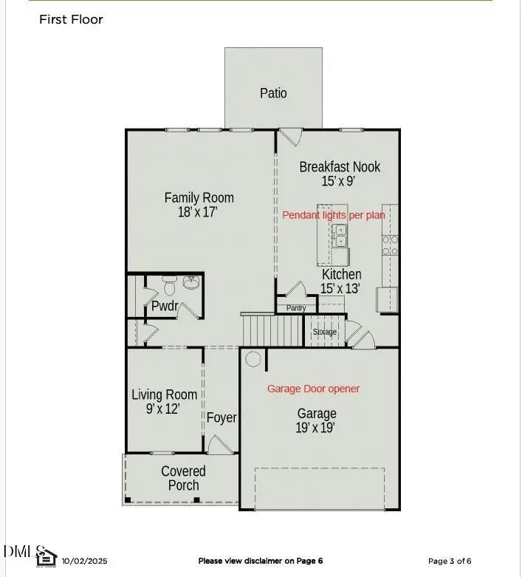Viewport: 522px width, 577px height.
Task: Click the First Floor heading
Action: pos(71,19)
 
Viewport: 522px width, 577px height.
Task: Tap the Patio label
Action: pos(273,93)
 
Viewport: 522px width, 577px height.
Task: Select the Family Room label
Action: pos(199,197)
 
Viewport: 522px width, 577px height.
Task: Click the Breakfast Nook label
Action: pos(340,167)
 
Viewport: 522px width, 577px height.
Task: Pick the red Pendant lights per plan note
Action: pos(334,215)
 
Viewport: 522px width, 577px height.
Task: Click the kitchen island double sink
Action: pos(342,236)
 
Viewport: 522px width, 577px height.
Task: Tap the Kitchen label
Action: pos(341,274)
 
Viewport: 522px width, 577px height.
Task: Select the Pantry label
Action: pos(296,308)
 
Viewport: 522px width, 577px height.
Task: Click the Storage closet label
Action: pos(325,332)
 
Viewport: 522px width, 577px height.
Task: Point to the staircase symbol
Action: pos(272,327)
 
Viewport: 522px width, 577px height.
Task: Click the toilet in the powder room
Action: pos(169,284)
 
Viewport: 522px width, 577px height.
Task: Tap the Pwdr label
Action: pos(163,306)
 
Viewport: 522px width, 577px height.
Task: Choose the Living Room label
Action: pos(164,395)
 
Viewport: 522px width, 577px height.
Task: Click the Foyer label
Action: pos(221,417)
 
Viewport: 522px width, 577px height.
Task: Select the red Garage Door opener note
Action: pos(313,389)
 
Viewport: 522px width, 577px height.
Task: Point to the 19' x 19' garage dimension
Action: pos(317,428)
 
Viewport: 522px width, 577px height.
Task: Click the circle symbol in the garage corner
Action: pos(253,360)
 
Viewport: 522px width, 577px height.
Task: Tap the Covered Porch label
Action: pos(183,478)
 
